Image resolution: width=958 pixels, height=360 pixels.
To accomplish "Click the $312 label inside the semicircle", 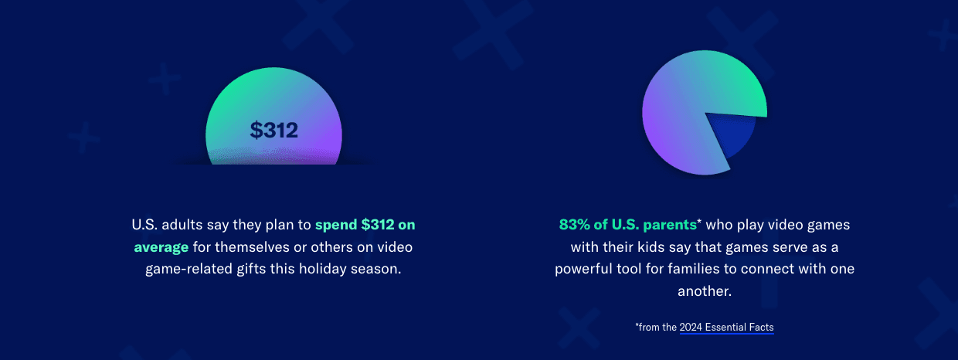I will [273, 131].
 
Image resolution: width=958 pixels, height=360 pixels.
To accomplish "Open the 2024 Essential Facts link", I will [726, 327].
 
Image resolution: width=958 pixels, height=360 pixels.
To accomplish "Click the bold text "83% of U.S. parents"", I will [627, 225].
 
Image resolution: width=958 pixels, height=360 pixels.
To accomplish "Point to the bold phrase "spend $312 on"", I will [365, 225].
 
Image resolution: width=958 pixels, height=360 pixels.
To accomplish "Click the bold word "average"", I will [161, 247].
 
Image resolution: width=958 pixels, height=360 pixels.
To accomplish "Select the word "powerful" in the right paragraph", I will [585, 270].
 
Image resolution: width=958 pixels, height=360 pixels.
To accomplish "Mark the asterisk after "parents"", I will [699, 222].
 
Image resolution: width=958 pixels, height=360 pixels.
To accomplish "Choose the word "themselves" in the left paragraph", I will [250, 247].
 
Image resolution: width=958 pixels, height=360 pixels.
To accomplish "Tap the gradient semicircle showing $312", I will [273, 100].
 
